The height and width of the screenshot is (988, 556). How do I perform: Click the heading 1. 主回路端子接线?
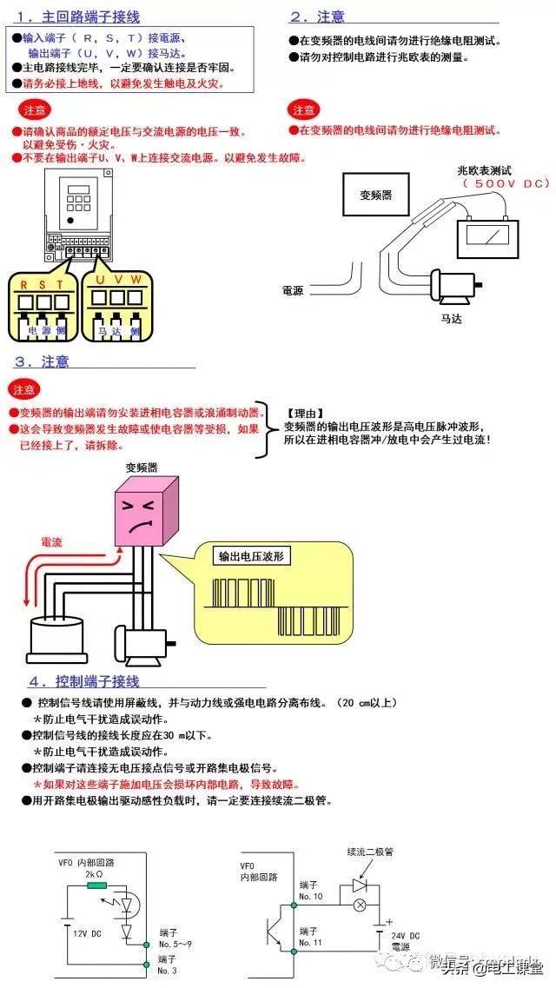[x=77, y=17]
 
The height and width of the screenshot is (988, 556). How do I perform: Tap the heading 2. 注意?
[x=317, y=17]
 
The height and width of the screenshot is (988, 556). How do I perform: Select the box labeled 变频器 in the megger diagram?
[x=376, y=195]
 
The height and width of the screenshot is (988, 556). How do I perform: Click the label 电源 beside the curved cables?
[x=293, y=291]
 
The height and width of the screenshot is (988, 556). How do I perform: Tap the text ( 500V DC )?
[x=506, y=184]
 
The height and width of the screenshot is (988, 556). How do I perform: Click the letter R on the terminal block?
[x=23, y=283]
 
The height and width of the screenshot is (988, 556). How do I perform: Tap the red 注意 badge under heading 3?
[x=26, y=389]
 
